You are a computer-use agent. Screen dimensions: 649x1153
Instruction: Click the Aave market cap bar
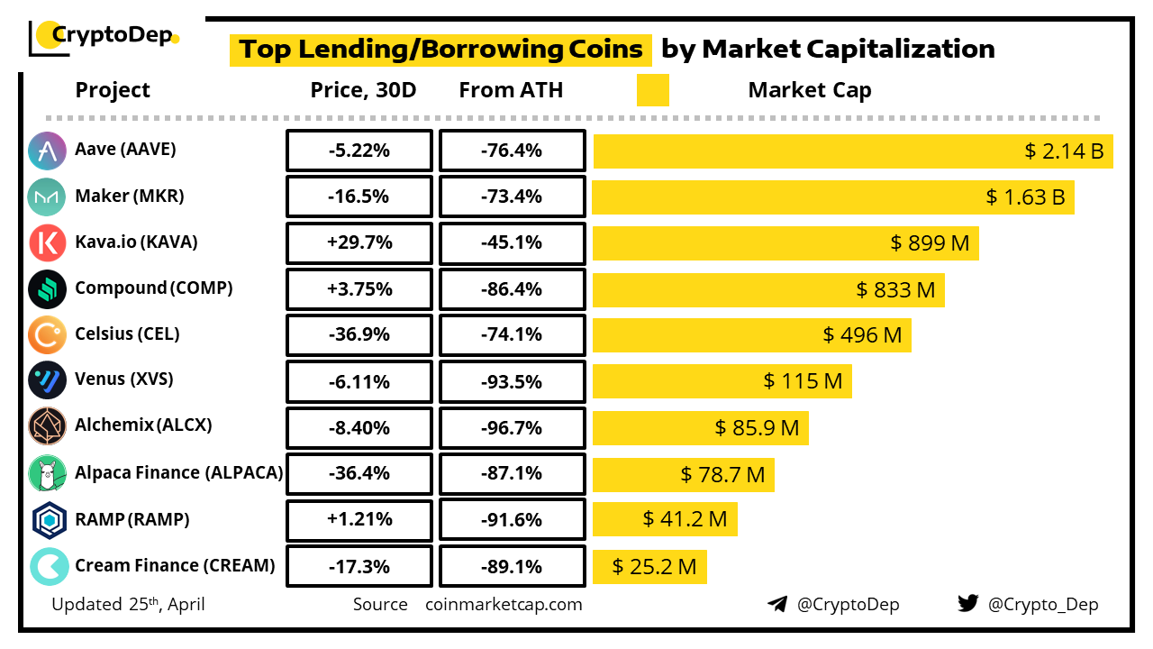852,151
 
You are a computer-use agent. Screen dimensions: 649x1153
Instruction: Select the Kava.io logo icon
47,242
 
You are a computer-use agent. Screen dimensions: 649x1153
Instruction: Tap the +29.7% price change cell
359,242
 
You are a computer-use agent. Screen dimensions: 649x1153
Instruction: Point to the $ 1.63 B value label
1025,197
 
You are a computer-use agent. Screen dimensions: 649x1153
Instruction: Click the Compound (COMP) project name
154,288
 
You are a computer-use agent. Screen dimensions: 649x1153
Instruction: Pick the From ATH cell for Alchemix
512,426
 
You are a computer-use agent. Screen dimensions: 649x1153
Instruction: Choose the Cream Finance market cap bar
649,566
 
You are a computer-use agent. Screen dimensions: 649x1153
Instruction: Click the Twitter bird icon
967,604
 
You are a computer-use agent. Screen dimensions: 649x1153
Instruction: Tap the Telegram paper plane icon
777,604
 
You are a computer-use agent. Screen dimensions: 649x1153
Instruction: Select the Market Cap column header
809,90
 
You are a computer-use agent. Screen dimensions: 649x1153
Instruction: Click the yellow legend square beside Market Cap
652,90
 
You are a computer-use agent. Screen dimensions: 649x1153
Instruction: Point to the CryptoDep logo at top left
104,36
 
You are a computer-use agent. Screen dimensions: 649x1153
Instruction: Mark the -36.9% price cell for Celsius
359,334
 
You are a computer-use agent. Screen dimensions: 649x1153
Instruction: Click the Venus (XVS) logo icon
47,379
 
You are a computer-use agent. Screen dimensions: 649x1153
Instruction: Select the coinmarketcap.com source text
504,604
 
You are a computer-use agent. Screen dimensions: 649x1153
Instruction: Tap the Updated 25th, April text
128,604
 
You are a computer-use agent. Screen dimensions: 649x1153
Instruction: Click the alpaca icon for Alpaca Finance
47,473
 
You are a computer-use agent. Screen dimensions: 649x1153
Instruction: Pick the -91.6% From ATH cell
512,520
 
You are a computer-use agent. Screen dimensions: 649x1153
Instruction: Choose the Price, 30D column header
363,90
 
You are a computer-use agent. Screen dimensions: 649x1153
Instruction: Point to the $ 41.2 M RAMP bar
665,519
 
